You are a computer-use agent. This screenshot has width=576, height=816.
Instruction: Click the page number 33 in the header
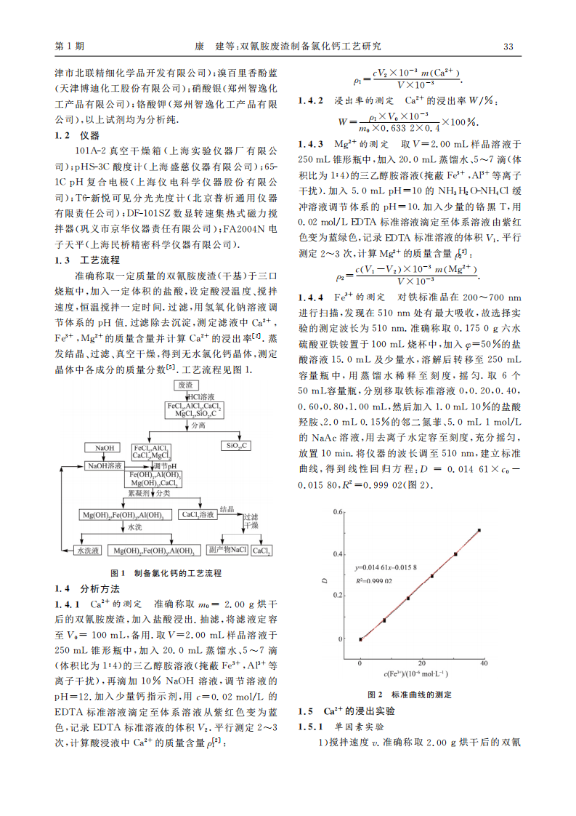click(x=508, y=47)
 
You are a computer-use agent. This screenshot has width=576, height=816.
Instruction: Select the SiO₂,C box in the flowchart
click(x=238, y=445)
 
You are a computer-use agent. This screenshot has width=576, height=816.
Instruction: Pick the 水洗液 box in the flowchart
click(x=90, y=551)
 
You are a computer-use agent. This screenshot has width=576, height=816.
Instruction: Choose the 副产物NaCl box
click(x=227, y=551)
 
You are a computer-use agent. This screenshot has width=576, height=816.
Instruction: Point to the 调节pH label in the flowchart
click(x=166, y=465)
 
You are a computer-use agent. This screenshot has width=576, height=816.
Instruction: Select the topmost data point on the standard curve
click(x=479, y=530)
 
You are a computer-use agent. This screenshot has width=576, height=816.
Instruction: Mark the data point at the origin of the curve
click(x=360, y=639)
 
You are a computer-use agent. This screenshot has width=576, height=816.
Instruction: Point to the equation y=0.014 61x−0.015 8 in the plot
click(x=395, y=567)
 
